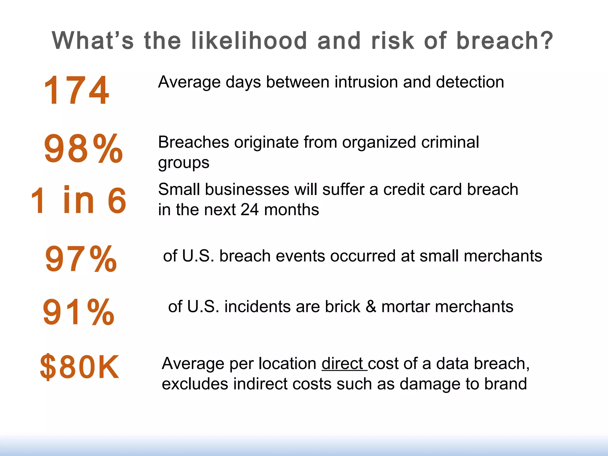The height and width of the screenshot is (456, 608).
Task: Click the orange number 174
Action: (77, 90)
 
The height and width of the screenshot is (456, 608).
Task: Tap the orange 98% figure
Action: (83, 148)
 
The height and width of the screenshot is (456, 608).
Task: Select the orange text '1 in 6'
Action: (79, 200)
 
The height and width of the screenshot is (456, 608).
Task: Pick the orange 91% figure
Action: (79, 312)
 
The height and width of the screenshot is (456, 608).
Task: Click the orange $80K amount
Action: (80, 368)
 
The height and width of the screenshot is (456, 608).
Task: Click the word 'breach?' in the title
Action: (505, 41)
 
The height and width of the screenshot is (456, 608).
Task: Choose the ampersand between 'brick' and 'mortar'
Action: (371, 306)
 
